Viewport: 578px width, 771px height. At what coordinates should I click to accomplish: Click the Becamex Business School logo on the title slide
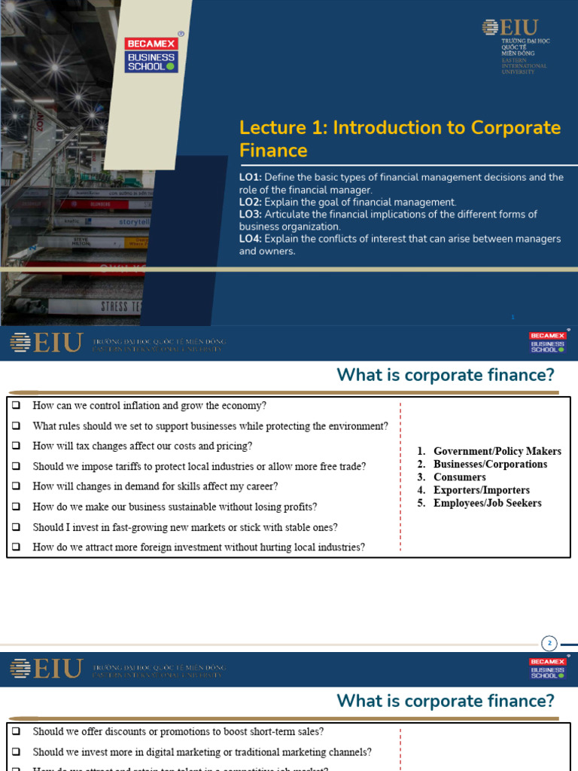click(x=151, y=52)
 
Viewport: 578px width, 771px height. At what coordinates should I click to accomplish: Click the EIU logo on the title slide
click(x=516, y=46)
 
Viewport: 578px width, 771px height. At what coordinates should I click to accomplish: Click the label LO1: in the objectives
click(x=250, y=178)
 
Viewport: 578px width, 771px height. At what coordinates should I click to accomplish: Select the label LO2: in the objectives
click(x=250, y=202)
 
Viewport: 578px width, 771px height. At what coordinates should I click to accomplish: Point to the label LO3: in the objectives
click(x=250, y=215)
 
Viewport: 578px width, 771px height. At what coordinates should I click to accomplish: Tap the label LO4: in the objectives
click(x=250, y=239)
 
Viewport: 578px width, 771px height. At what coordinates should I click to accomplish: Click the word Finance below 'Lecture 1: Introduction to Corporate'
click(x=273, y=151)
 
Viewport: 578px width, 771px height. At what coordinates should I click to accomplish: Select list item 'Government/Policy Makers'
click(x=497, y=451)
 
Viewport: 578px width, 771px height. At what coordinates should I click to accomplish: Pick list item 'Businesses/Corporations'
click(x=490, y=464)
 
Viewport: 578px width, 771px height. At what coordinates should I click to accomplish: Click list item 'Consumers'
click(x=459, y=477)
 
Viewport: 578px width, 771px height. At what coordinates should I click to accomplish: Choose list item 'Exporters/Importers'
click(x=481, y=490)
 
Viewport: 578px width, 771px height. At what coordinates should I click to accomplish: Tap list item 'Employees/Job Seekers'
click(x=487, y=503)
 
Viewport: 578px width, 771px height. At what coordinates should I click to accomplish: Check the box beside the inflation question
click(x=16, y=405)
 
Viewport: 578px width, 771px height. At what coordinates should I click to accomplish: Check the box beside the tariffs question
click(x=16, y=466)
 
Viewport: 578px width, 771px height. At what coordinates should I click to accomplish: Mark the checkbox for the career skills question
click(x=16, y=486)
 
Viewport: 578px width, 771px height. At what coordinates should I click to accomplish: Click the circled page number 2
click(x=549, y=643)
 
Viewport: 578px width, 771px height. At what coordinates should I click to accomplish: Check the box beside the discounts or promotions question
click(x=16, y=731)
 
